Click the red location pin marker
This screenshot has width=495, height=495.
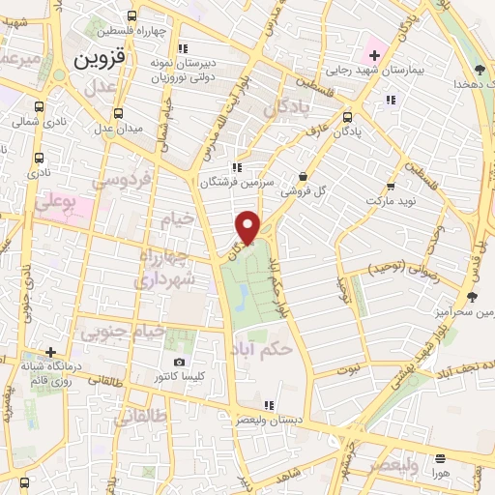[248, 226]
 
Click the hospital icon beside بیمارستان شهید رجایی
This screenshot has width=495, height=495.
[375, 55]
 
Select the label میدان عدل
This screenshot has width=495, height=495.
[118, 127]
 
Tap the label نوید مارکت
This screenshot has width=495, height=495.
[391, 200]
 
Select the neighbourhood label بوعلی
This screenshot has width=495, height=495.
[54, 203]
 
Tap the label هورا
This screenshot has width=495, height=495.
[440, 473]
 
